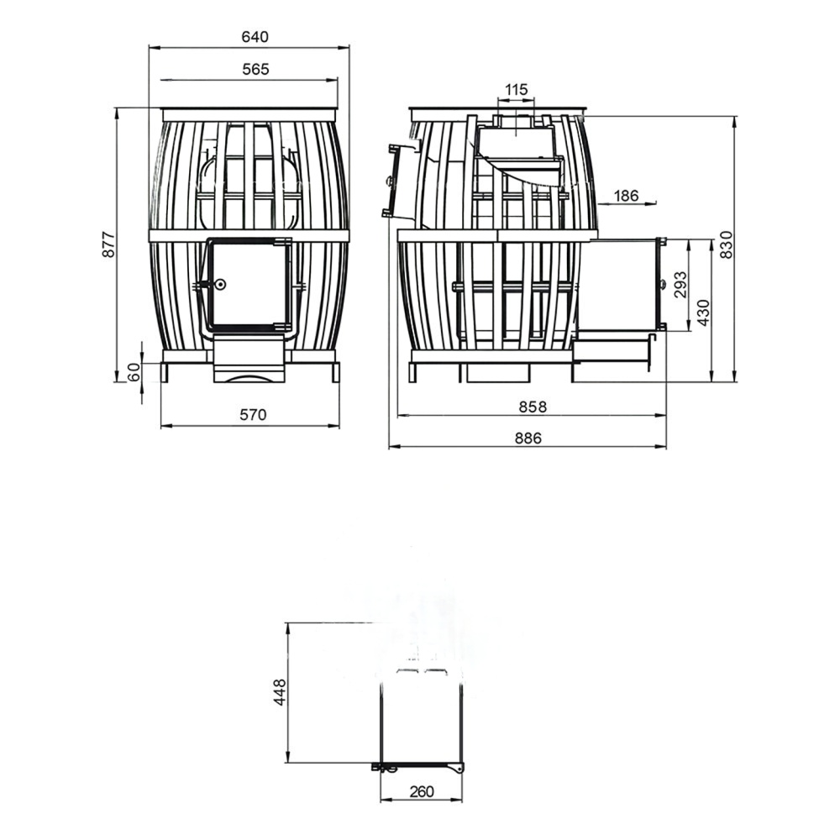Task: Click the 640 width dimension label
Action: click(255, 37)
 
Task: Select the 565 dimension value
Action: click(255, 69)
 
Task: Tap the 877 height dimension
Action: click(108, 244)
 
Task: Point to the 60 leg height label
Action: click(134, 372)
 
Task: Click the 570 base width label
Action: click(252, 415)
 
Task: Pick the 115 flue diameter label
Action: click(516, 89)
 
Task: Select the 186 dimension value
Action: click(626, 196)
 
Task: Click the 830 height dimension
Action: click(726, 244)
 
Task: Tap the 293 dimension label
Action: click(680, 285)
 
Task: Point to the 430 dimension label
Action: click(703, 312)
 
